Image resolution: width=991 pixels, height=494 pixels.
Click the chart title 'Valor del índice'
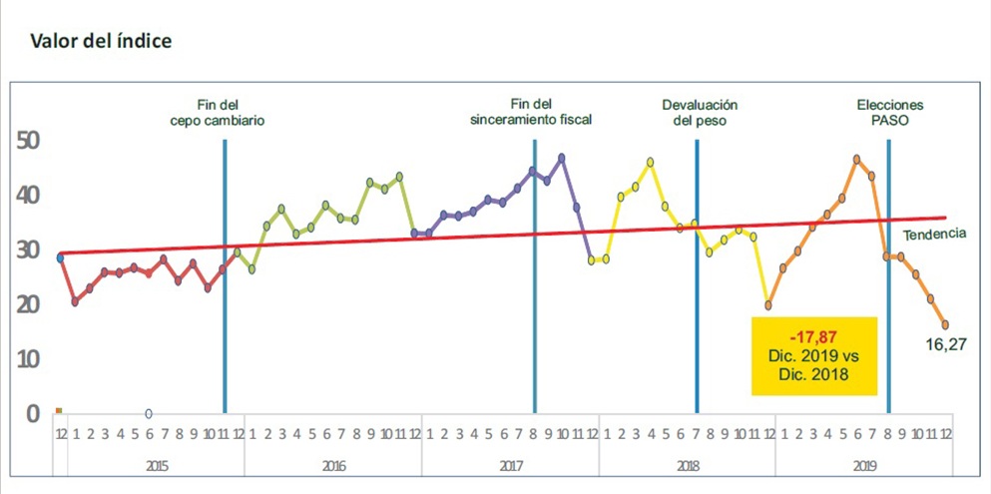101,42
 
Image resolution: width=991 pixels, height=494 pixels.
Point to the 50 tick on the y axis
30,141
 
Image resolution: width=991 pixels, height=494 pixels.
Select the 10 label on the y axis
30,359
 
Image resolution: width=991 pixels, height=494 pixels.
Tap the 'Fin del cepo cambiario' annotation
217,112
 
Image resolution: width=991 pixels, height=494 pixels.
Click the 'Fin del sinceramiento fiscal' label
531,112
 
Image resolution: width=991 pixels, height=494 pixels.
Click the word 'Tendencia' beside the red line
935,234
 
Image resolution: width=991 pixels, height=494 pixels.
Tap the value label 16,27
945,345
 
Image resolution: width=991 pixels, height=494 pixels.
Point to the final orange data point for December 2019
945,324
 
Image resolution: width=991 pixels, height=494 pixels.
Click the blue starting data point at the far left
60,257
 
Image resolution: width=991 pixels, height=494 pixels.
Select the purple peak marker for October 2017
561,158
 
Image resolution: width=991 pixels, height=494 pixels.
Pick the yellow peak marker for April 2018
650,162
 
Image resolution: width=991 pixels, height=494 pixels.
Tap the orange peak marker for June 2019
856,160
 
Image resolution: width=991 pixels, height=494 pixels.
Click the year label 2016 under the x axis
333,467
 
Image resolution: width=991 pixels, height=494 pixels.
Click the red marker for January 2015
75,302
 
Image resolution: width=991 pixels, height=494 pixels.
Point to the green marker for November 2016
399,177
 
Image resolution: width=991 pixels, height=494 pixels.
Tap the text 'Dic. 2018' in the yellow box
814,374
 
